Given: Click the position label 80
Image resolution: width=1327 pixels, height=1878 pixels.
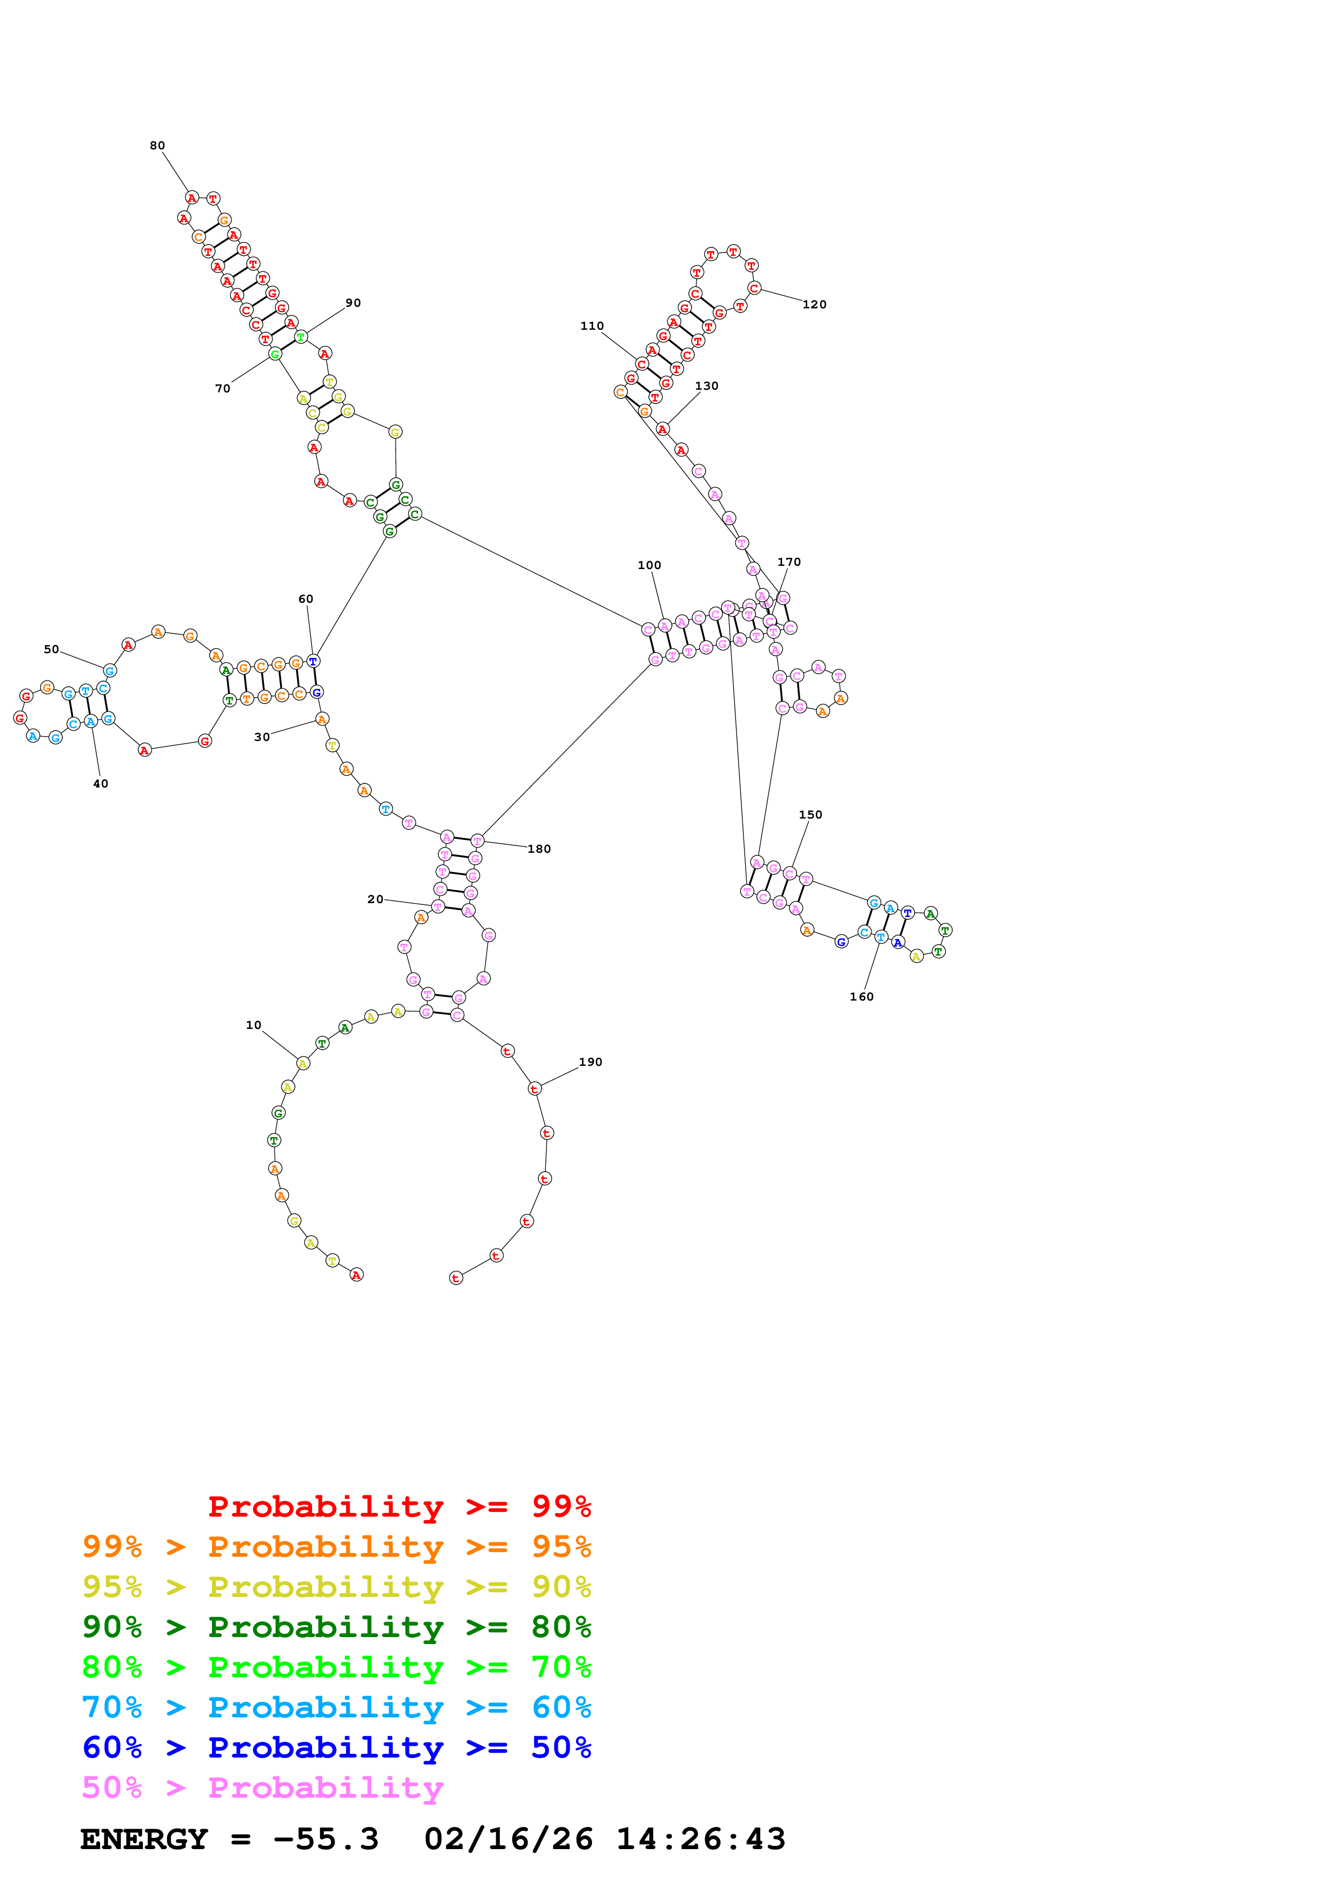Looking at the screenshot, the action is pyautogui.click(x=157, y=146).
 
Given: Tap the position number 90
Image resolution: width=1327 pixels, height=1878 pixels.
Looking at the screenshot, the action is pyautogui.click(x=353, y=302).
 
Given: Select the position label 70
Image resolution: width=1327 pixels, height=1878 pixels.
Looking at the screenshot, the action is pyautogui.click(x=222, y=389).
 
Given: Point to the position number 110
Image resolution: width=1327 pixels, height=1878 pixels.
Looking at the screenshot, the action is pyautogui.click(x=592, y=325).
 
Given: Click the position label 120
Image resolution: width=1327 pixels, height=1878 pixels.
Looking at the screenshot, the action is pyautogui.click(x=814, y=304).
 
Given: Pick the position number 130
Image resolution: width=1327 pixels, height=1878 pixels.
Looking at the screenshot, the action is pyautogui.click(x=707, y=386).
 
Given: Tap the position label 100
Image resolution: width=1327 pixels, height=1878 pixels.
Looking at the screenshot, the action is pyautogui.click(x=649, y=565).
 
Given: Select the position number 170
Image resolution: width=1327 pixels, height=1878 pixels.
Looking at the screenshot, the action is pyautogui.click(x=789, y=562).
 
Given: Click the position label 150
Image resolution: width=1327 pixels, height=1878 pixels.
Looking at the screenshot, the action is pyautogui.click(x=810, y=815).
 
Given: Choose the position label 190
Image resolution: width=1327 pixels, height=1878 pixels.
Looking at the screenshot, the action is pyautogui.click(x=590, y=1062).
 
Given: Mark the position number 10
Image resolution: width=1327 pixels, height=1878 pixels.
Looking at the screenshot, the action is pyautogui.click(x=253, y=1025).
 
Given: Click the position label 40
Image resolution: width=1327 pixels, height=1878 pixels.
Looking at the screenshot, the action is pyautogui.click(x=101, y=784).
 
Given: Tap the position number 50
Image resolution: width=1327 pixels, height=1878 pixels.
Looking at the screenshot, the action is pyautogui.click(x=51, y=649).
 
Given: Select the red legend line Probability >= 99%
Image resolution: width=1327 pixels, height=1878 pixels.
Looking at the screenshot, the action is pyautogui.click(x=399, y=1506).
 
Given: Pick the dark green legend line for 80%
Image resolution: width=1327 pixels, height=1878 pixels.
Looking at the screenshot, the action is pyautogui.click(x=336, y=1627).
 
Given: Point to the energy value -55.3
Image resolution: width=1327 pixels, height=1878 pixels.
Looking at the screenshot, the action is pyautogui.click(x=325, y=1839).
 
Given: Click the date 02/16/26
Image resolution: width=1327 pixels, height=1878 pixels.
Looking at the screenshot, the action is pyautogui.click(x=509, y=1839).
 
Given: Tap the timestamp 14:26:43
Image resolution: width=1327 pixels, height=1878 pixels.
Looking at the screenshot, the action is pyautogui.click(x=701, y=1839).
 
